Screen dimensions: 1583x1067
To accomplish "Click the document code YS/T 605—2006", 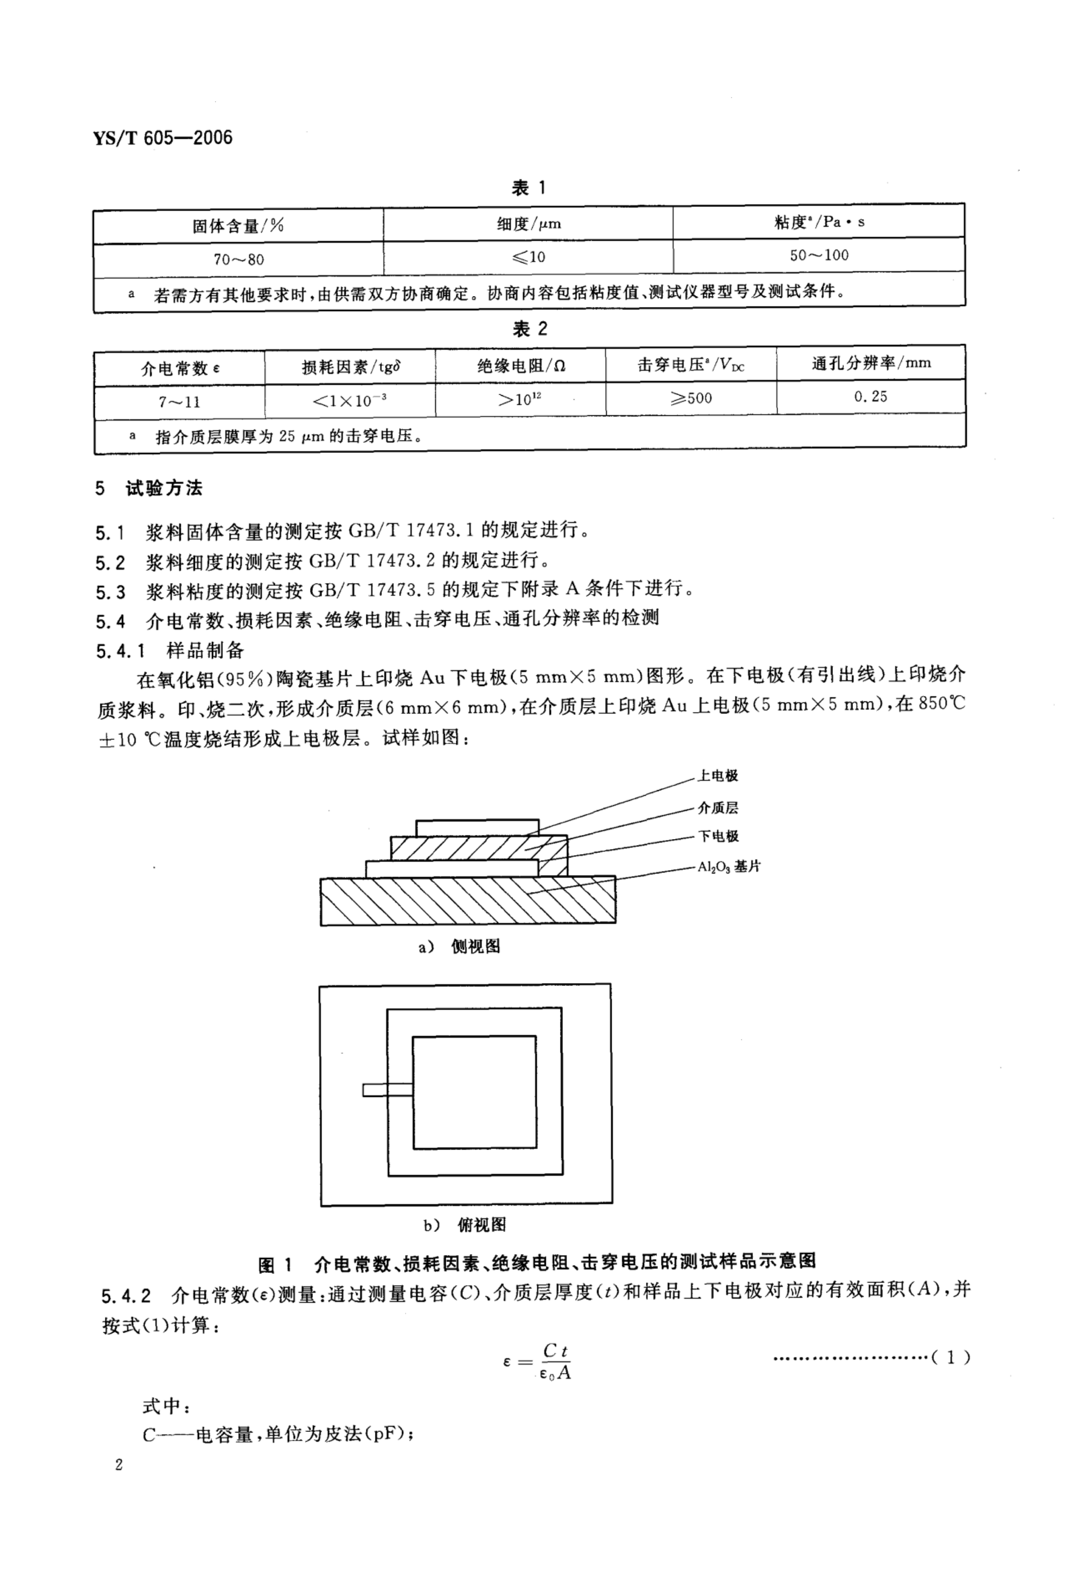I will point(163,138).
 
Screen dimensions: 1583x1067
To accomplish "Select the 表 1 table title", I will point(529,188).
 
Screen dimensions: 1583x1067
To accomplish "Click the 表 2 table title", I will point(529,329).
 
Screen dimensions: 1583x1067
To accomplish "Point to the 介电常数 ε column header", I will point(180,368).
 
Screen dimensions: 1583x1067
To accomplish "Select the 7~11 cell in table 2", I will point(180,401).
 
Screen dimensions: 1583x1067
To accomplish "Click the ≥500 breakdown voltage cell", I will point(691,398).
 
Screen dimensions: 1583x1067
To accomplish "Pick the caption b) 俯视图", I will point(465,1225).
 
